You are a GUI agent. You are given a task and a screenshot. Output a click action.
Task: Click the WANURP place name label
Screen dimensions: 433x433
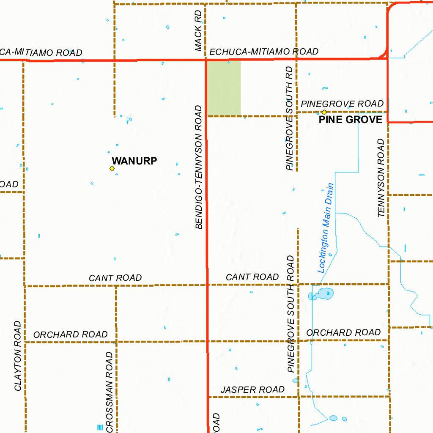[134, 161]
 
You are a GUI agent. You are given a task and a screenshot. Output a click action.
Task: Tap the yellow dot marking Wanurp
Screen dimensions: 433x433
[112, 168]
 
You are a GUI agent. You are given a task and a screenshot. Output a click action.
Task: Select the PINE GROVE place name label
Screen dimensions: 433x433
[350, 120]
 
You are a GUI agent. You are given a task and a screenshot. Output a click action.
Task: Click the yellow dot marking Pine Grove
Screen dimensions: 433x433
[324, 112]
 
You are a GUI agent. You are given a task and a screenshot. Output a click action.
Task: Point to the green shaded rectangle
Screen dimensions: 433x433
[224, 88]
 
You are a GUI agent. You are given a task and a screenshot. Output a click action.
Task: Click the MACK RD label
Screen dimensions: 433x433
[199, 31]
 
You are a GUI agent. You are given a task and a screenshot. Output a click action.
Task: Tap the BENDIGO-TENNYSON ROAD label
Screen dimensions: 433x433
[200, 167]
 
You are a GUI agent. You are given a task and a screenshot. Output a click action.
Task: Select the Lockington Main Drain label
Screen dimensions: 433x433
[326, 227]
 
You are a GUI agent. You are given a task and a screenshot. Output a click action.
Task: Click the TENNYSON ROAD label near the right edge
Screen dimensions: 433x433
[381, 178]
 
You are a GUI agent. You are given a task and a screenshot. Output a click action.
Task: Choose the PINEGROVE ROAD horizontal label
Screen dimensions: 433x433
[342, 104]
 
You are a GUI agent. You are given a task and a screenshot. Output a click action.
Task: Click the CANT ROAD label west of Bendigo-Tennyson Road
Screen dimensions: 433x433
[115, 278]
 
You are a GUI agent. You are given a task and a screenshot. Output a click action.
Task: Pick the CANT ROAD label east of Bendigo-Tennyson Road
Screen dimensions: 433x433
[252, 277]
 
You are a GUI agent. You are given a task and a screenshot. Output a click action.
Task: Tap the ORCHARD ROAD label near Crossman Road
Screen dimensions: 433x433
[70, 334]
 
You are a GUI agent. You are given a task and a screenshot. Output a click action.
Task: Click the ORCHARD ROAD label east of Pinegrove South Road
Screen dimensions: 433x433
[343, 333]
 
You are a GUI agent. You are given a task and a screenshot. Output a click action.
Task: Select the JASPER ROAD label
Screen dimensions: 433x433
[252, 389]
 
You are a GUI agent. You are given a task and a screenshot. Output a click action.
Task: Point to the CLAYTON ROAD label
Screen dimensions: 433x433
[17, 356]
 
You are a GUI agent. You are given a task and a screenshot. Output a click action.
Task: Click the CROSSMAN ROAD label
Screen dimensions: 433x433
[110, 391]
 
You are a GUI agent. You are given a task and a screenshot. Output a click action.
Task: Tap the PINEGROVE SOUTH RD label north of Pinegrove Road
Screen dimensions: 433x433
[290, 118]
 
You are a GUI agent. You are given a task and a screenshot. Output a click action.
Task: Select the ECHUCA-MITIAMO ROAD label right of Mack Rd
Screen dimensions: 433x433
[264, 52]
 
